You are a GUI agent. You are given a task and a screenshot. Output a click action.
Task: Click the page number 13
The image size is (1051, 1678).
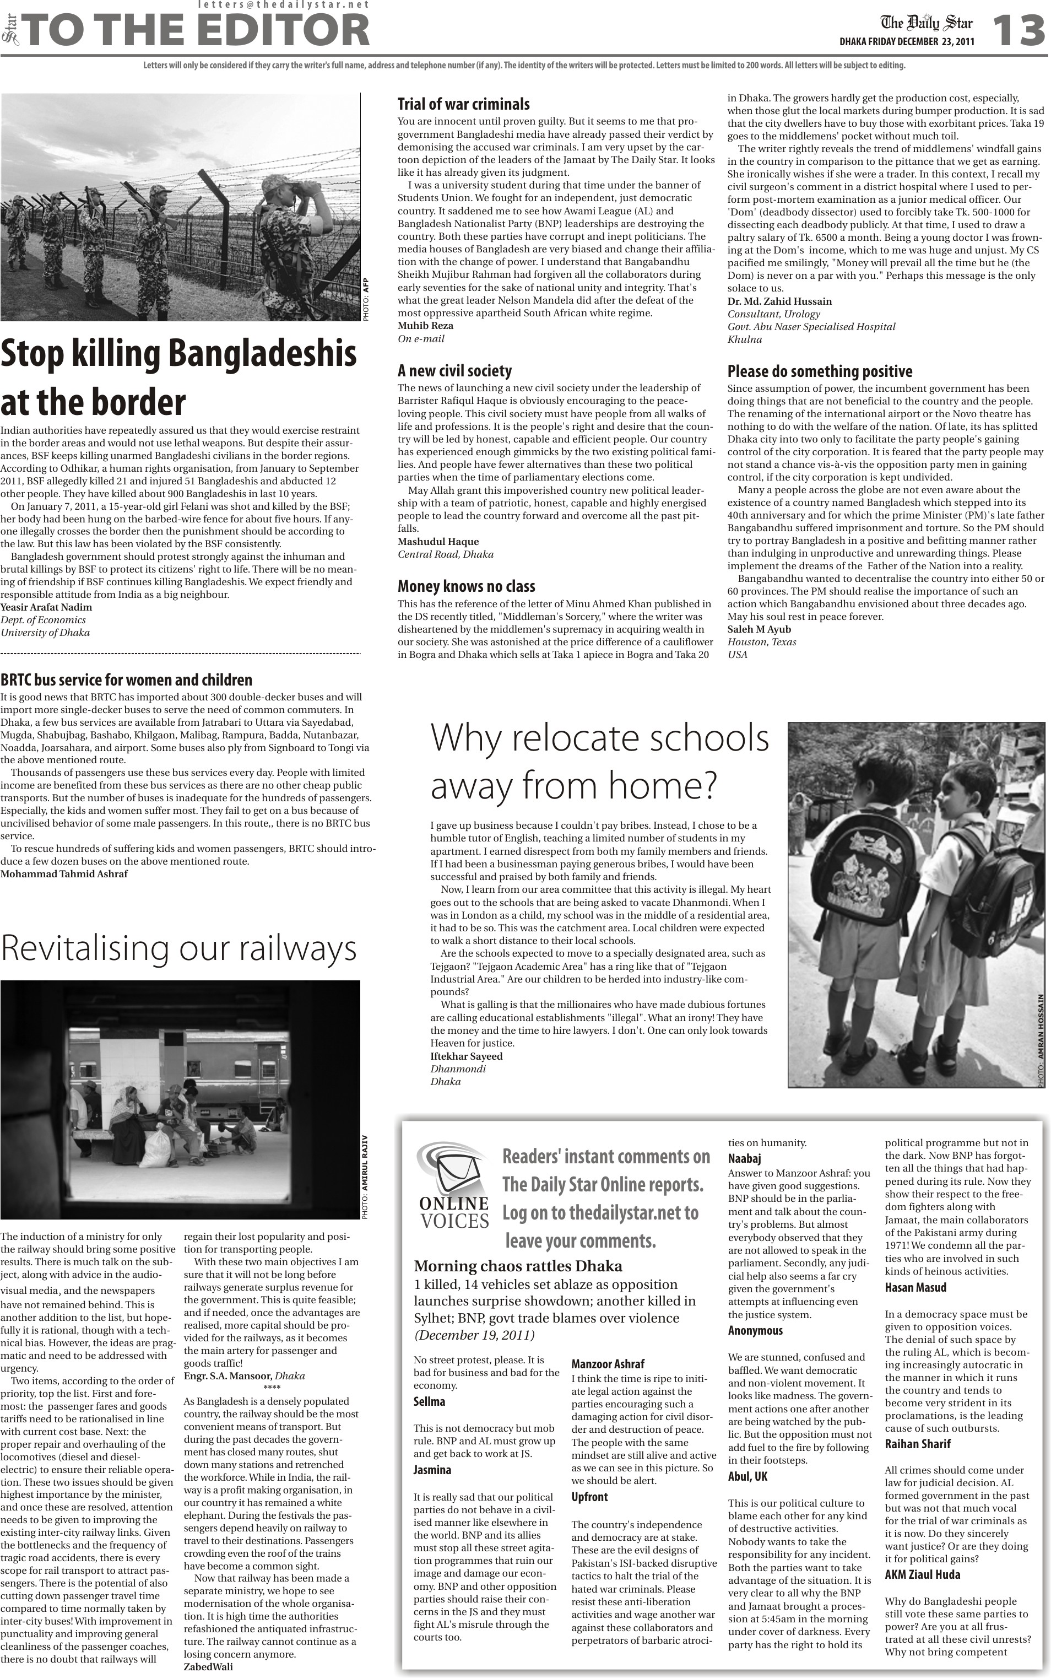1017,31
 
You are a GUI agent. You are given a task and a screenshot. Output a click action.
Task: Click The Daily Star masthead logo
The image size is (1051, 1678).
927,23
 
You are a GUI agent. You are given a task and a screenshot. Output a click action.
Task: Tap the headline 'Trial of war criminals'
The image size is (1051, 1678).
463,104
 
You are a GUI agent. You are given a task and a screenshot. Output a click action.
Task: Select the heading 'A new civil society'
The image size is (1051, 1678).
454,371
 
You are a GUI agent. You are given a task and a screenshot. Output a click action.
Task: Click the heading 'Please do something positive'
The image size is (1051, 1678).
820,371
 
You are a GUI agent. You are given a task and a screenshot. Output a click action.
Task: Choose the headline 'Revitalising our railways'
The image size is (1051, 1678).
178,948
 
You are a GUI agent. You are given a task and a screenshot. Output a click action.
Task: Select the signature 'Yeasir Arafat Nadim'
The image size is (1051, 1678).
46,607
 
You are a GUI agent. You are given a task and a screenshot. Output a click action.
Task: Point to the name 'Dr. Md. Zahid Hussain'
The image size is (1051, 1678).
779,301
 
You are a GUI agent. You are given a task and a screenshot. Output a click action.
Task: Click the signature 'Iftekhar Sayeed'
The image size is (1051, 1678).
465,1056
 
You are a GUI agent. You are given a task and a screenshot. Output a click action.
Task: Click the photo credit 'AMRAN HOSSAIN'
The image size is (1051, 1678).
1041,1030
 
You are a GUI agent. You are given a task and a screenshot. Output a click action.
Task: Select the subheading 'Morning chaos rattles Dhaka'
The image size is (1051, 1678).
517,1266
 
